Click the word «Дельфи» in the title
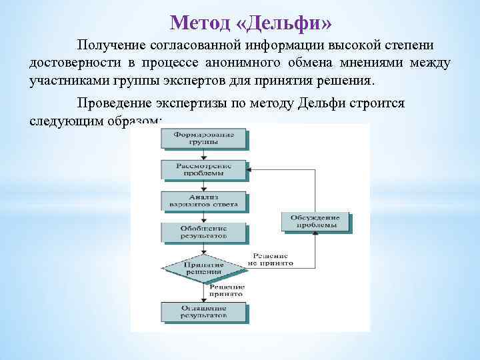(x=284, y=23)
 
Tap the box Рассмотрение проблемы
(x=204, y=169)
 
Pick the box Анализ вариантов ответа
(x=204, y=200)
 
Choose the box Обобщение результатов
(x=204, y=231)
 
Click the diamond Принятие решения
(x=204, y=268)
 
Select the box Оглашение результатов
(x=204, y=311)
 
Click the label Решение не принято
(x=270, y=259)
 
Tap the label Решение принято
(x=226, y=289)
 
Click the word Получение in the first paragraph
(x=112, y=45)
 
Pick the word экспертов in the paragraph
(x=211, y=81)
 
